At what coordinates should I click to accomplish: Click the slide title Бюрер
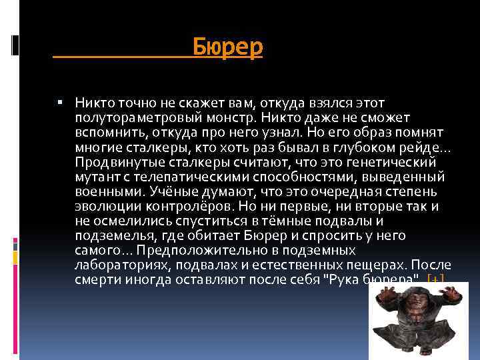tap(228, 47)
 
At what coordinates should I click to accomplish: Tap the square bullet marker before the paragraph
tap(60, 103)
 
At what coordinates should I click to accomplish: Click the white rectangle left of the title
tap(16, 45)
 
